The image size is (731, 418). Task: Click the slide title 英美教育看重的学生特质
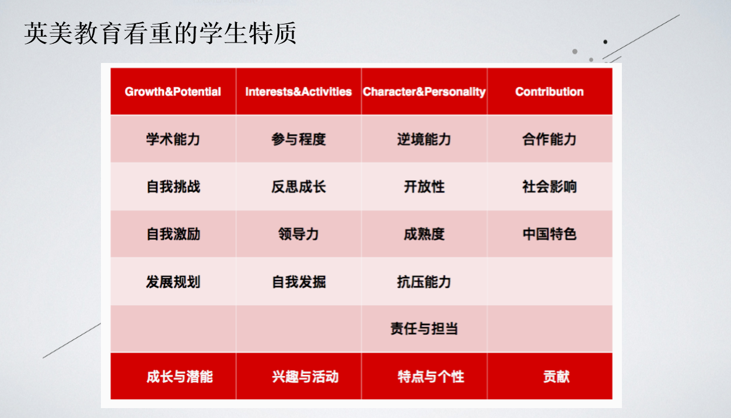160,33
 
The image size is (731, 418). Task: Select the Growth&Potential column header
173,92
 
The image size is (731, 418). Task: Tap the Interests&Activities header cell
299,92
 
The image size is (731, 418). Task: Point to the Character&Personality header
424,92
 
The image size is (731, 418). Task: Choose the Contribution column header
550,92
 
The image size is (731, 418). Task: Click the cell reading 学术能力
173,139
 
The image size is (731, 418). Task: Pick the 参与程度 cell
299,139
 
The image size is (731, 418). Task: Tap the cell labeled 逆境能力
424,139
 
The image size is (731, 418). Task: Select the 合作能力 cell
550,139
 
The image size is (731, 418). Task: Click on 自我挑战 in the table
173,187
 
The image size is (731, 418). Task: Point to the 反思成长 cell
299,187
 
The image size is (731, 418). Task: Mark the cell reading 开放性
424,187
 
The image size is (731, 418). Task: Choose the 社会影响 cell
550,187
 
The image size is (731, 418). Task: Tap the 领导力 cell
299,234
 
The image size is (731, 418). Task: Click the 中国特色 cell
550,234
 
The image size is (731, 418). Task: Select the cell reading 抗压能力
424,282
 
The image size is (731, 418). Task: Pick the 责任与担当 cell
424,329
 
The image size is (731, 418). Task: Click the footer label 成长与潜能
180,377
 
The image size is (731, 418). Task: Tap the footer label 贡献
557,377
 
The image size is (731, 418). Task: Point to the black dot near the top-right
606,42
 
